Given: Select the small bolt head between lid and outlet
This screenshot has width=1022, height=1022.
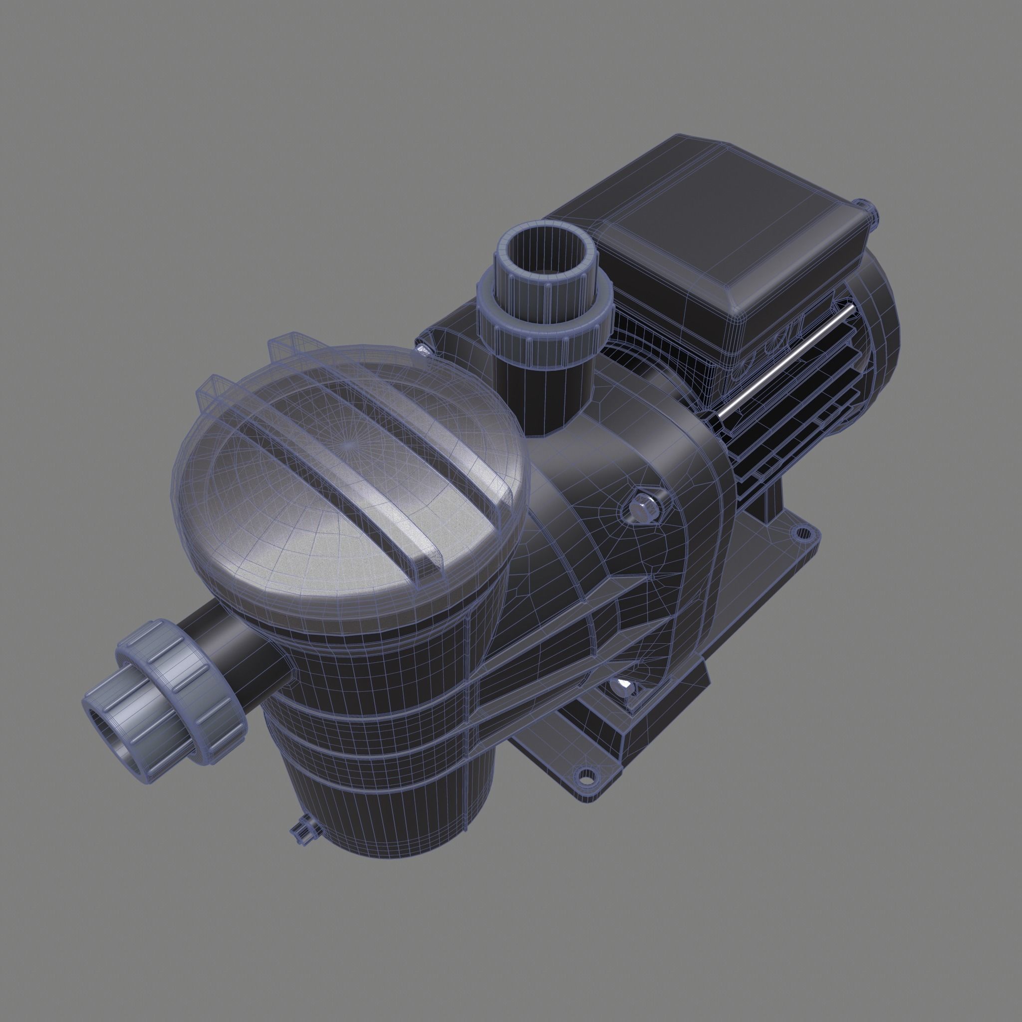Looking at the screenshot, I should [x=423, y=349].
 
